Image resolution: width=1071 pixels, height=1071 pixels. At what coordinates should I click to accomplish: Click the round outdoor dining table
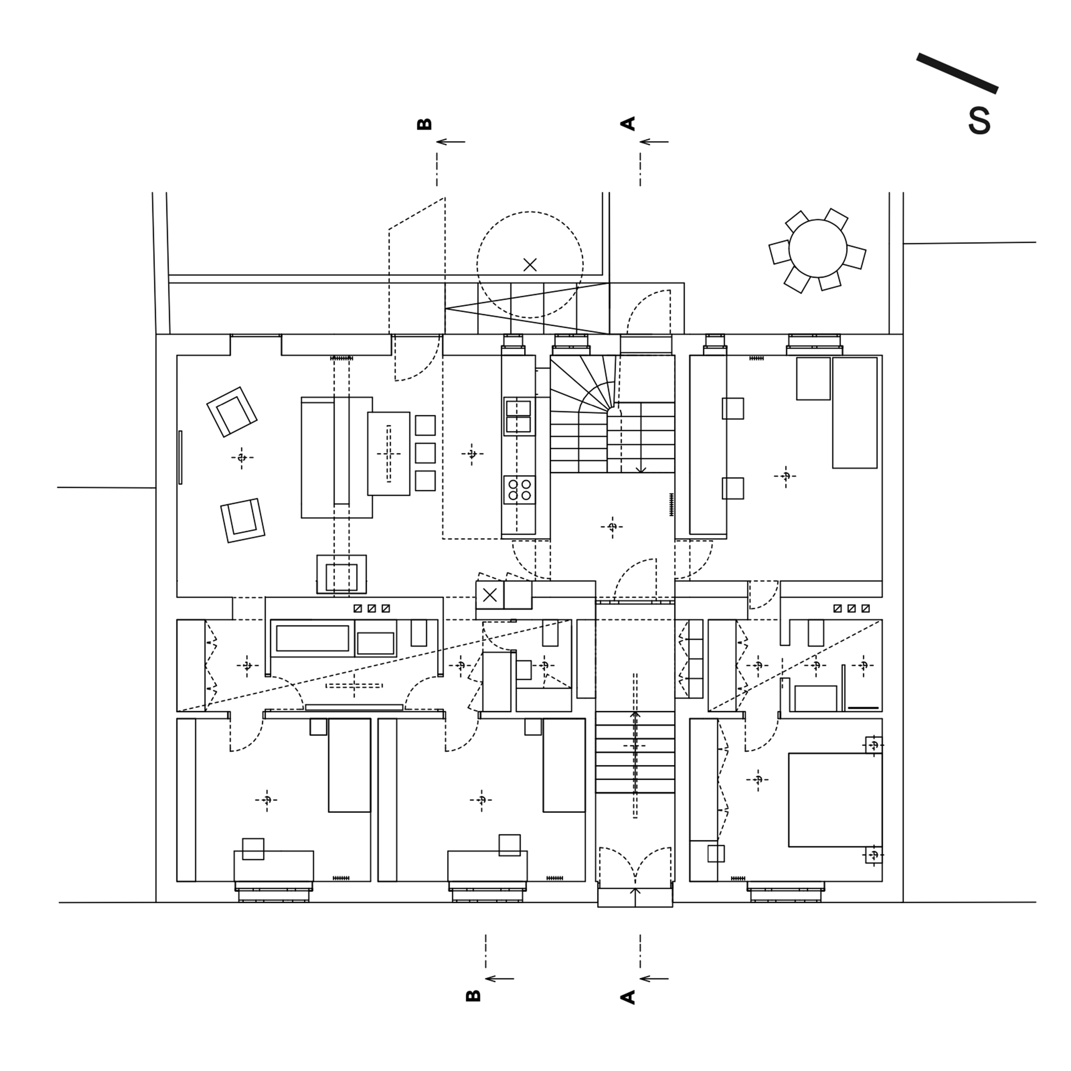[818, 248]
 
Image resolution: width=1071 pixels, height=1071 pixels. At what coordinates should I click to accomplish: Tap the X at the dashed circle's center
[530, 265]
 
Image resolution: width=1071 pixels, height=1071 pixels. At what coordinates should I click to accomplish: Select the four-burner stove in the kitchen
[519, 489]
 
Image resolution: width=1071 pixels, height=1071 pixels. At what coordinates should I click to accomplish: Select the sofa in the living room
[337, 457]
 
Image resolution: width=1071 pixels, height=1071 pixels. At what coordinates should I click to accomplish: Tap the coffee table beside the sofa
[389, 453]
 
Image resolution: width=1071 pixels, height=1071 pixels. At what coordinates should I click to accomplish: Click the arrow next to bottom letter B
[499, 979]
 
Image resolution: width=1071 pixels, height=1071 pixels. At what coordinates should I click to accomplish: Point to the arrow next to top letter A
[654, 142]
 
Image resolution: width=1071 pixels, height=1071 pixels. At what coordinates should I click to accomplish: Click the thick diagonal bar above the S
[957, 73]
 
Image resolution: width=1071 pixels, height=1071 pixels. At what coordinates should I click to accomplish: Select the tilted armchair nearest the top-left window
[232, 412]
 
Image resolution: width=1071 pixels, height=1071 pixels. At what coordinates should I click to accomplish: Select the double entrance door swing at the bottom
[635, 865]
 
